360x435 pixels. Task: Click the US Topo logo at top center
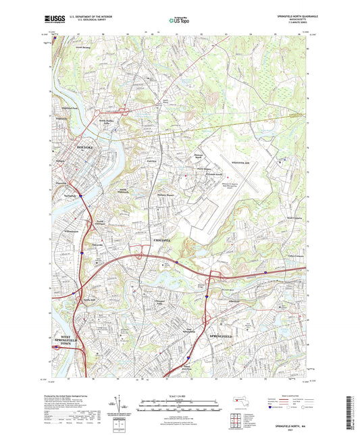click(180, 21)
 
